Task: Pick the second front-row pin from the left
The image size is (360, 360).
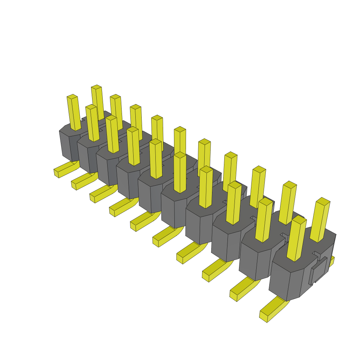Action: coord(92,123)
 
